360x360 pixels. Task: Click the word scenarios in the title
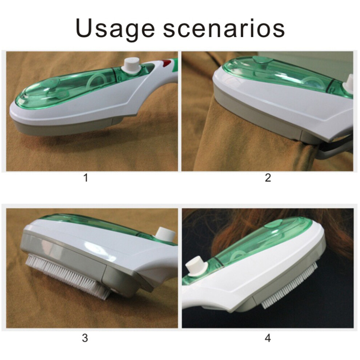pyautogui.click(x=224, y=28)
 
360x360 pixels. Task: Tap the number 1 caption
pyautogui.click(x=86, y=178)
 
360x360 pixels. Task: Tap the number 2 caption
pyautogui.click(x=268, y=178)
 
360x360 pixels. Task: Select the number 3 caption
pyautogui.click(x=85, y=338)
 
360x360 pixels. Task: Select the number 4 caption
pyautogui.click(x=268, y=338)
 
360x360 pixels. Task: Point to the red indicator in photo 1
pyautogui.click(x=167, y=62)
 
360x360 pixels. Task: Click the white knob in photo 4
pyautogui.click(x=197, y=266)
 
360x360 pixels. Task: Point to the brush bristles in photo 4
pyautogui.click(x=290, y=285)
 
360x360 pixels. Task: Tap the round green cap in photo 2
pyautogui.click(x=263, y=60)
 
